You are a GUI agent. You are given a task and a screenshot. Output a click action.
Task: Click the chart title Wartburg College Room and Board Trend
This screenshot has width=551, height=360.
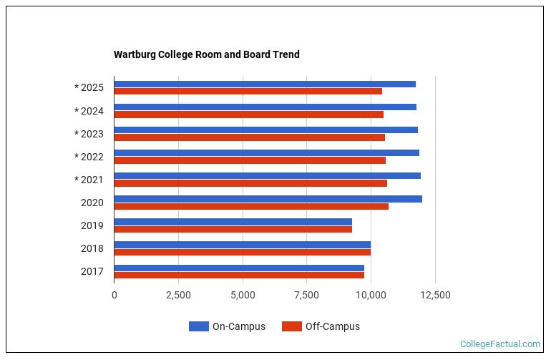click(x=206, y=54)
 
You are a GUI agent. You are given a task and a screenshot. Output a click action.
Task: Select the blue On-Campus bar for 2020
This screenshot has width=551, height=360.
click(x=268, y=199)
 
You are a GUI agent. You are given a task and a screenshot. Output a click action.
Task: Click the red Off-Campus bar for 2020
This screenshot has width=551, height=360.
click(x=251, y=206)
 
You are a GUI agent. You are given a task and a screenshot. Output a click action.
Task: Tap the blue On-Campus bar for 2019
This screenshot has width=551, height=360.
click(x=233, y=222)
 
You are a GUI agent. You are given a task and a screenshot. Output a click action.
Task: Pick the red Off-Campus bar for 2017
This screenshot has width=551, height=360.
click(x=239, y=275)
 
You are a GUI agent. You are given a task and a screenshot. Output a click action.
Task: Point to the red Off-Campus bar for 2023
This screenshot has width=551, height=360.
click(x=249, y=137)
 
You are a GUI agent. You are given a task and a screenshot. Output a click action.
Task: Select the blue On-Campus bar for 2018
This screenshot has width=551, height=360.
click(x=242, y=245)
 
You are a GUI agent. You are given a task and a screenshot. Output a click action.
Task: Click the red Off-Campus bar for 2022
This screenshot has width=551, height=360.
click(x=250, y=160)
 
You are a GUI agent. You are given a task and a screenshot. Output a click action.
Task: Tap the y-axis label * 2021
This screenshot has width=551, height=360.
click(x=89, y=180)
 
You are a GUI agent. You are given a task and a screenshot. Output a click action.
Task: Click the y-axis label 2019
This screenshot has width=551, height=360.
click(x=92, y=225)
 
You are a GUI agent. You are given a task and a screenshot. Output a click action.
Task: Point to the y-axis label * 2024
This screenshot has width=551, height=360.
click(x=89, y=111)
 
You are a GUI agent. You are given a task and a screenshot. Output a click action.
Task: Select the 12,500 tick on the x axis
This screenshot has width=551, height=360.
click(x=435, y=295)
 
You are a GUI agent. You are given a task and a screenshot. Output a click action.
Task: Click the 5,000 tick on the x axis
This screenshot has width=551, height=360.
click(x=243, y=295)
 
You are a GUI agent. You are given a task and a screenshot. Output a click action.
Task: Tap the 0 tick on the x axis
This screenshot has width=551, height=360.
click(x=114, y=295)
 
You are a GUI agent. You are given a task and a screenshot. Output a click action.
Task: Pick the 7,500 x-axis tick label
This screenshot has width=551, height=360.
click(x=307, y=295)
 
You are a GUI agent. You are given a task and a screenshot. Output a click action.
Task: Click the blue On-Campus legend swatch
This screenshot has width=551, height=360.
click(x=198, y=326)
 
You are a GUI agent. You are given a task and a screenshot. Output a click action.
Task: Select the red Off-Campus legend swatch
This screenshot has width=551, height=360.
click(x=291, y=326)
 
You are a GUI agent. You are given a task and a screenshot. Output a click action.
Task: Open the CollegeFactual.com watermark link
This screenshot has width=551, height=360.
click(x=500, y=344)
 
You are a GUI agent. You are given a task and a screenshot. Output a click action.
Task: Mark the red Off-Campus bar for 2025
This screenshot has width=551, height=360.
click(x=248, y=92)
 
